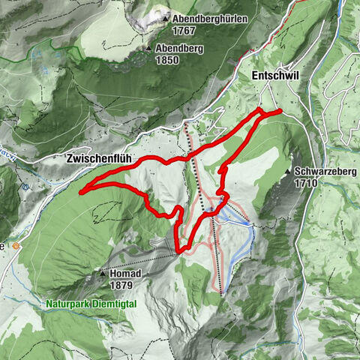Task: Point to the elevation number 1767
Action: tap(183, 31)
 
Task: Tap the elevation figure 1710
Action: tap(307, 182)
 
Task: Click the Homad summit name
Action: tap(125, 274)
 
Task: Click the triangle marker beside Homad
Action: tap(103, 274)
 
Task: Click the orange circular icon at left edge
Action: tap(19, 245)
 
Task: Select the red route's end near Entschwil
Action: tap(280, 111)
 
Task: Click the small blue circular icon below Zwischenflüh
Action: tap(25, 185)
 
